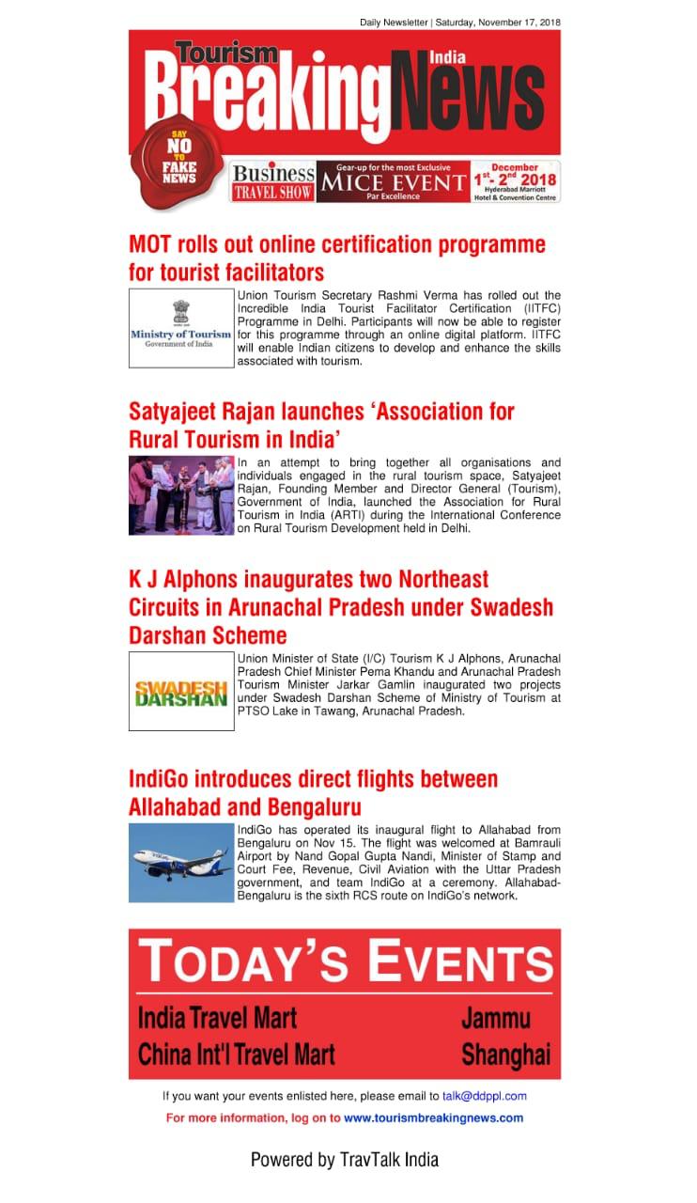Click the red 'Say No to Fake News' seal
tap(178, 156)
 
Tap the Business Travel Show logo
tap(272, 181)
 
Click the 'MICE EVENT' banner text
tap(393, 181)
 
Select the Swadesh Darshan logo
tap(180, 691)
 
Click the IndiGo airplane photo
tap(180, 862)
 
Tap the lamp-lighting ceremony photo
tap(180, 495)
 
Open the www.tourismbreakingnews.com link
tap(433, 1118)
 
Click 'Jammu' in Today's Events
tap(496, 1018)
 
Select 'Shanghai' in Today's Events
tap(505, 1055)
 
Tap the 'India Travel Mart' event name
tap(217, 1018)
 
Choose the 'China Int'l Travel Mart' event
tap(236, 1055)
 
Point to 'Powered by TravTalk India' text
tap(344, 1160)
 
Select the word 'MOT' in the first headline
tap(151, 244)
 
